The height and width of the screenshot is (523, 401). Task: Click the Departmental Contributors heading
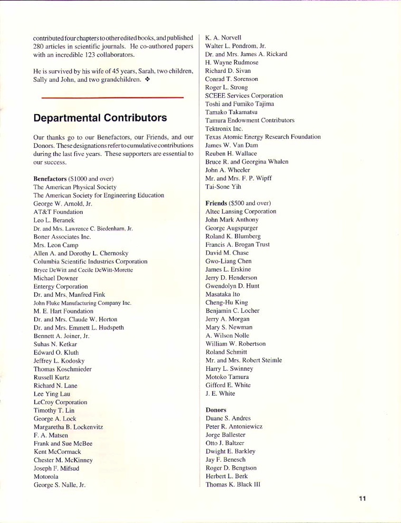[100, 117]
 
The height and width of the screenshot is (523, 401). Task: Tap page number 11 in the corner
[362, 498]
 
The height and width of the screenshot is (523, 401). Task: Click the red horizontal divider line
[112, 98]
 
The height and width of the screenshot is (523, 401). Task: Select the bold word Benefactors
[51, 179]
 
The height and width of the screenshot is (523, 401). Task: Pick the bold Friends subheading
[216, 203]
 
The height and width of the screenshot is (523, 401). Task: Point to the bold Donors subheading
[216, 409]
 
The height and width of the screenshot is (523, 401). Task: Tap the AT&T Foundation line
[58, 212]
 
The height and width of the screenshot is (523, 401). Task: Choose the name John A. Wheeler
[228, 170]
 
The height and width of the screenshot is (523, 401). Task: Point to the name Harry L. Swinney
[230, 368]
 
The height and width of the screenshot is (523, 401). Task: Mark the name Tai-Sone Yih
[224, 186]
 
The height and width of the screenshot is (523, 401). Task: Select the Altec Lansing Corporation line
[241, 211]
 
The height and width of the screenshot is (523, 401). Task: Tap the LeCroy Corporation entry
[60, 402]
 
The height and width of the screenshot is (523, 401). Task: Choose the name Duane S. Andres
[228, 418]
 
